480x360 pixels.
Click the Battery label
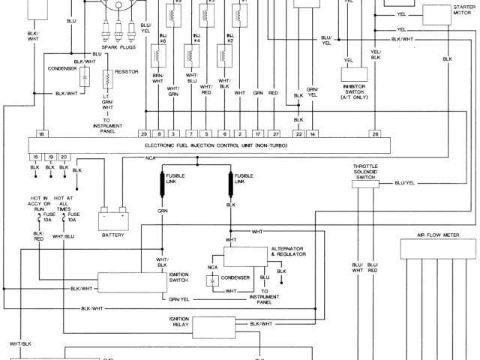(112, 235)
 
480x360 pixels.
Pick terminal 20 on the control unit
(64, 156)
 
